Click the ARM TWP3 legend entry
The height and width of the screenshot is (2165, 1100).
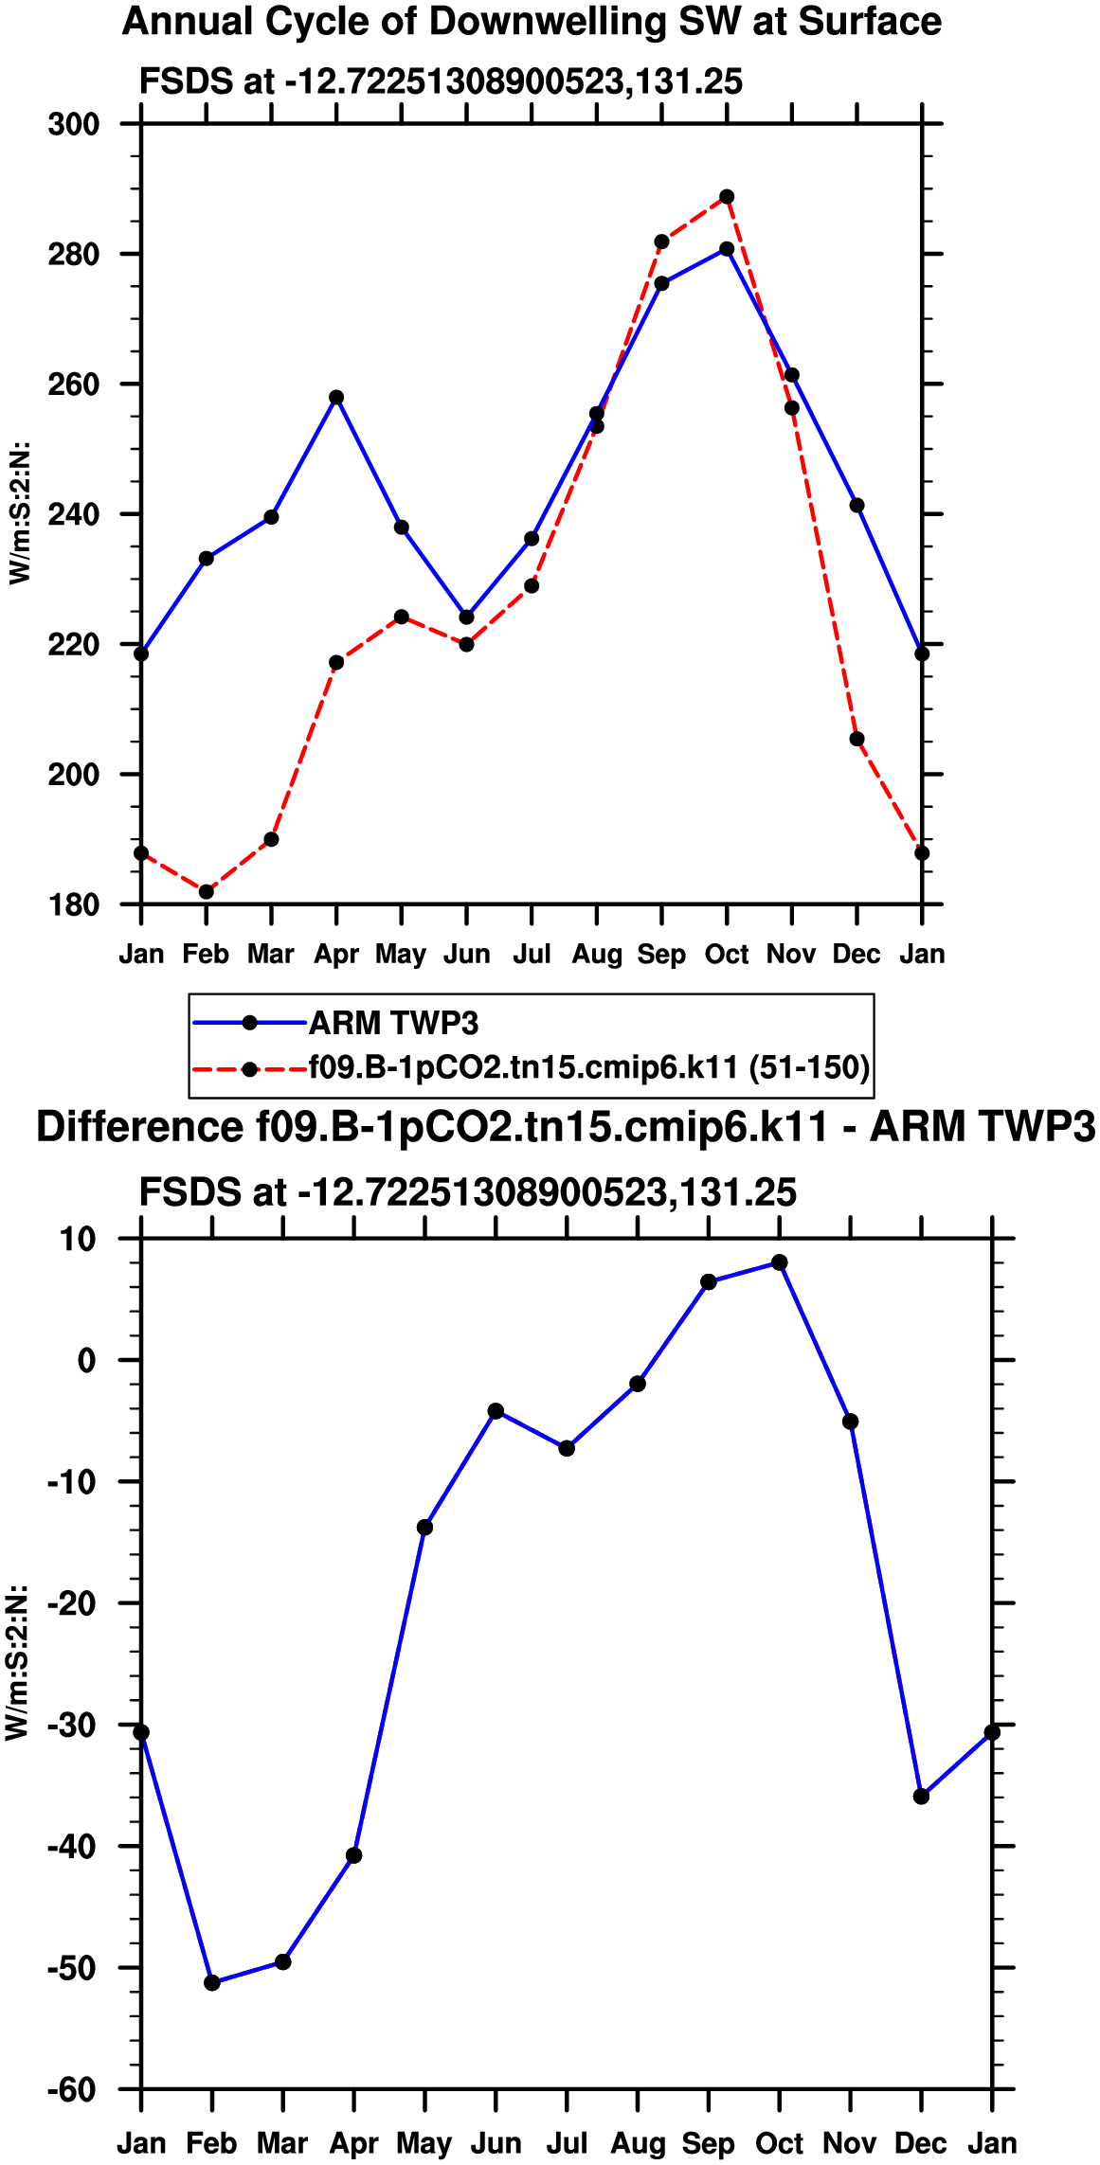click(393, 1023)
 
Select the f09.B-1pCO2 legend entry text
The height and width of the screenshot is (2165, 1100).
click(588, 1067)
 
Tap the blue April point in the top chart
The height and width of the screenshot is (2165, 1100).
click(336, 398)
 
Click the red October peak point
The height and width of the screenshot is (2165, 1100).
click(727, 197)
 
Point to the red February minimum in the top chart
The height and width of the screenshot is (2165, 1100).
click(207, 892)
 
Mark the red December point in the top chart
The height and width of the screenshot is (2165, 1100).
click(857, 739)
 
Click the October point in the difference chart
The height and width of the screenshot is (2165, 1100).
click(779, 1262)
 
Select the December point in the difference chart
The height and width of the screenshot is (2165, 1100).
click(921, 1797)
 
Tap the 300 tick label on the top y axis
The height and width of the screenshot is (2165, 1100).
click(74, 124)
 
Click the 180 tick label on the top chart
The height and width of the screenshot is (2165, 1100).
click(74, 905)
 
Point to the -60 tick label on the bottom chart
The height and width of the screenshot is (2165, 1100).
click(72, 2089)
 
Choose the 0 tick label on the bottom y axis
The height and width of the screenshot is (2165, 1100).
click(87, 1361)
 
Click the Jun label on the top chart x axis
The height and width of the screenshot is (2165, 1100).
click(466, 954)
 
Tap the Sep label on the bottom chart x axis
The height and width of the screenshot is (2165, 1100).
click(708, 2143)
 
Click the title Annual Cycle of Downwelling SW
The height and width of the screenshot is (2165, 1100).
click(532, 22)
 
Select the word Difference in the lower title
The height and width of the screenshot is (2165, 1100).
click(139, 1127)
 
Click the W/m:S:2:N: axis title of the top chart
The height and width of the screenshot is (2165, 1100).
click(19, 512)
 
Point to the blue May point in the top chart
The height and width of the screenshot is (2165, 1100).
click(402, 528)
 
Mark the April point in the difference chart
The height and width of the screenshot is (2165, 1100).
click(353, 1855)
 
